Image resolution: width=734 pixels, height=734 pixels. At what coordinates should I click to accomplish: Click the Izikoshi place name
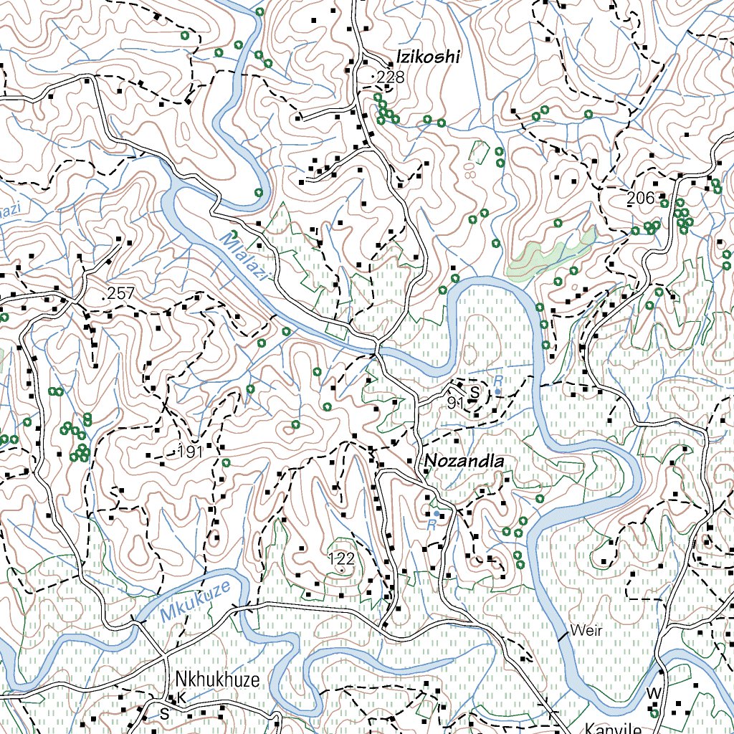click(427, 58)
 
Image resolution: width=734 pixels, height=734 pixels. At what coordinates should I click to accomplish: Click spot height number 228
click(391, 77)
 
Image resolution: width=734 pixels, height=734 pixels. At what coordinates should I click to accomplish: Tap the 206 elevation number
click(640, 199)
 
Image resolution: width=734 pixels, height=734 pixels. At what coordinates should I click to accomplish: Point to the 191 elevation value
click(190, 452)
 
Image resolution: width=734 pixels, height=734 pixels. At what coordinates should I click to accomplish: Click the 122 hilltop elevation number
click(341, 558)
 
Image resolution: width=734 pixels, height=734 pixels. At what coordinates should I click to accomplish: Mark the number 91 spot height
click(454, 403)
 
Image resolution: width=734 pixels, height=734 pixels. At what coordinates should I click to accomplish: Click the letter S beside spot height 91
click(474, 393)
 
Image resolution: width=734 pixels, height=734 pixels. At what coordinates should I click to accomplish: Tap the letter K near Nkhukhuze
click(182, 697)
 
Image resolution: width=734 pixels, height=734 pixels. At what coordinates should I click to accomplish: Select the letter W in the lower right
click(652, 693)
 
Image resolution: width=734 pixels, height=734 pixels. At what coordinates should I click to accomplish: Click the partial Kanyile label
click(613, 728)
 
